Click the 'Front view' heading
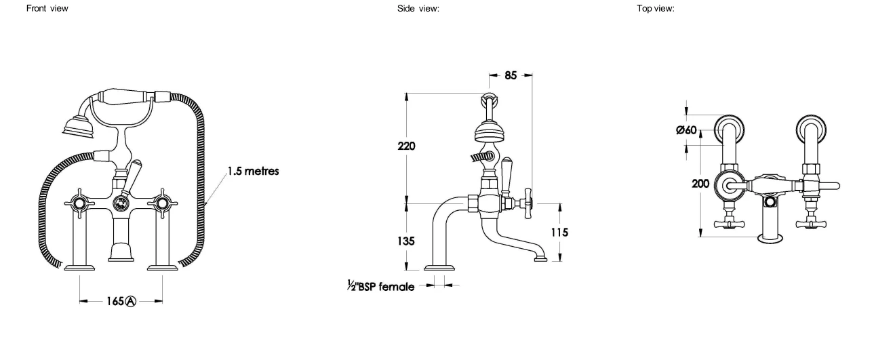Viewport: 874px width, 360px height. pyautogui.click(x=47, y=8)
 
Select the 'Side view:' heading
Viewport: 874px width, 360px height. pyautogui.click(x=418, y=8)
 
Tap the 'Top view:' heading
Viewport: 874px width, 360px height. pyautogui.click(x=656, y=8)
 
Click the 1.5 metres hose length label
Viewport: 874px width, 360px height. pyautogui.click(x=253, y=171)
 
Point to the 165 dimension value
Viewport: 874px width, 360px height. pyautogui.click(x=115, y=301)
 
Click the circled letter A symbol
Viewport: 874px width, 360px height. pyautogui.click(x=131, y=301)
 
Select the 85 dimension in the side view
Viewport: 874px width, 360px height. pyautogui.click(x=511, y=75)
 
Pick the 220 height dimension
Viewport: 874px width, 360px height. pyautogui.click(x=406, y=146)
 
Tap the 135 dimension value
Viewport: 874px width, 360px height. pyautogui.click(x=405, y=241)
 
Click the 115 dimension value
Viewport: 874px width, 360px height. pyautogui.click(x=559, y=233)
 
